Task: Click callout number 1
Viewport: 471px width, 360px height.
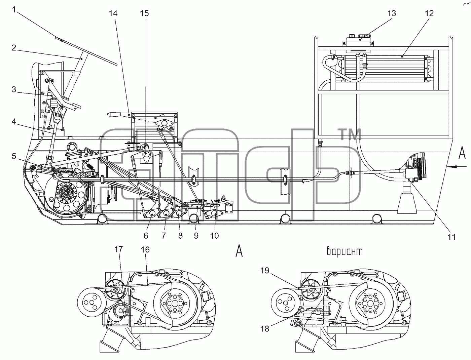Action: [14, 10]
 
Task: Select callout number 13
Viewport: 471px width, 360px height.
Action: [391, 13]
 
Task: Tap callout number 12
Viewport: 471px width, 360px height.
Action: [429, 13]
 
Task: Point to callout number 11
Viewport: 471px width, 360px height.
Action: [451, 237]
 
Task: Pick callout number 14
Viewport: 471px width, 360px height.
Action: [113, 13]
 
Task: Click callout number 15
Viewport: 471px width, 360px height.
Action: [144, 13]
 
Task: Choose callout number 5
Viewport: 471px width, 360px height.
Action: [14, 156]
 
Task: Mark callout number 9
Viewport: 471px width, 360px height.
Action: [196, 236]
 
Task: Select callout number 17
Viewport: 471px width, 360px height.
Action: [118, 249]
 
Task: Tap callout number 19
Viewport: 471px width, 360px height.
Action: [265, 271]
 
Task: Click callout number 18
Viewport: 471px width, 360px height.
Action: [264, 329]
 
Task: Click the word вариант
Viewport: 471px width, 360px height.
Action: [345, 251]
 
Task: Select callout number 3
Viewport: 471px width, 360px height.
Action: [14, 89]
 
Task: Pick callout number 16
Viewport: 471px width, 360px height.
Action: [145, 249]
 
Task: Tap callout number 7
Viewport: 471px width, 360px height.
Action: [164, 236]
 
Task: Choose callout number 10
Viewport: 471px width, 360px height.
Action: [214, 236]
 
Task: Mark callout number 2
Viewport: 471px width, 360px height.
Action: [14, 48]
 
